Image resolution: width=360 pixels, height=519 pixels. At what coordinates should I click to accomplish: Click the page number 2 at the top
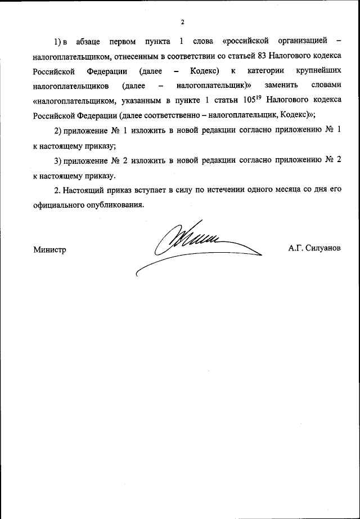coord(183,23)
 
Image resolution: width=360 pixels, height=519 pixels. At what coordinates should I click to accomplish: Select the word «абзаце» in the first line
coord(91,42)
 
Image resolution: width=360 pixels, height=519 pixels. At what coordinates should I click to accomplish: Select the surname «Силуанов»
coord(322,248)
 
